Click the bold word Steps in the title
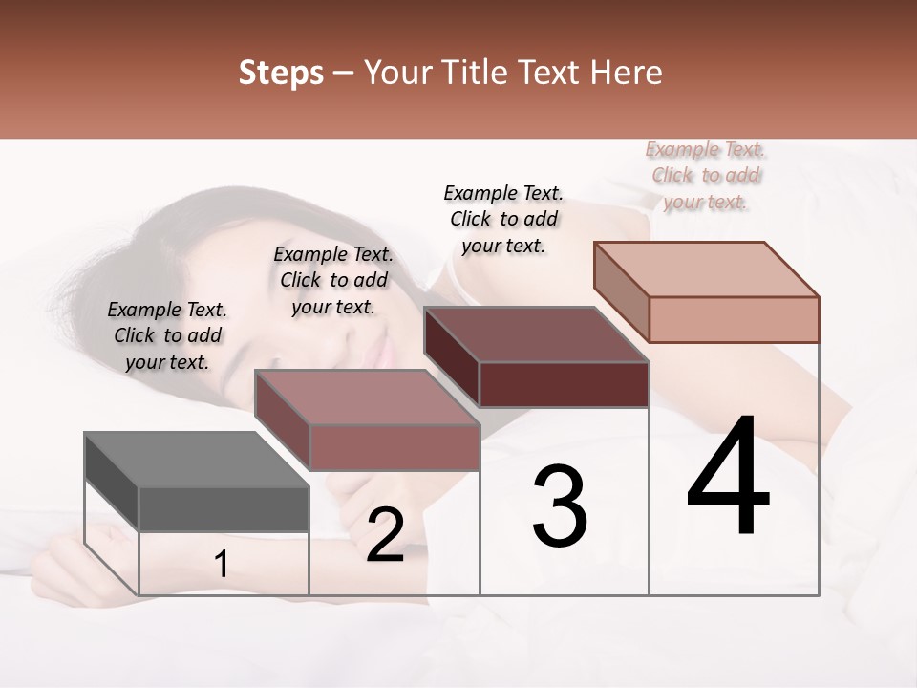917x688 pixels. (281, 73)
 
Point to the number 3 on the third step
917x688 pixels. (560, 506)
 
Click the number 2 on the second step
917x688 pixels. (385, 535)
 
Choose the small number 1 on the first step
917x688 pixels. (222, 565)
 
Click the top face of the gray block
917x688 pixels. (196, 460)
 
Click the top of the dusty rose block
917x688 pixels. (367, 398)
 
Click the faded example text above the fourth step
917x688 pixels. (706, 176)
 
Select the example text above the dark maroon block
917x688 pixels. (503, 220)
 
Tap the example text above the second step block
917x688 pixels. (333, 281)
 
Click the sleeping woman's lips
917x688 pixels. (385, 354)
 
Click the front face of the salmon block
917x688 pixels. (734, 319)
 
